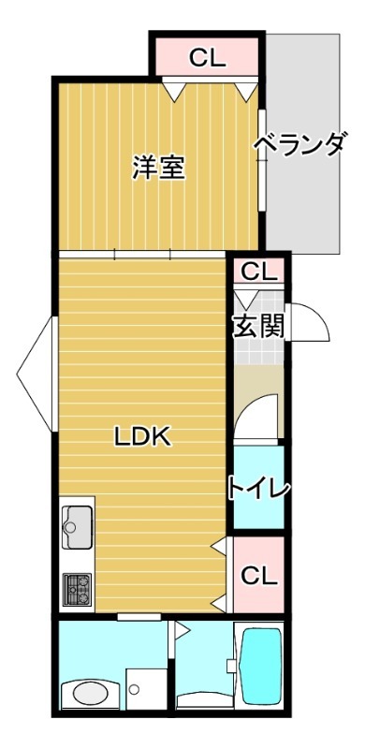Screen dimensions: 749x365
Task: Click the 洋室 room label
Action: (157, 169)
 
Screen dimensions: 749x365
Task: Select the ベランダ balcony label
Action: (299, 147)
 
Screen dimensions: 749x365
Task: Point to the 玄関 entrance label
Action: (258, 327)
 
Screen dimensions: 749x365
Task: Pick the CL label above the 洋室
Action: (207, 57)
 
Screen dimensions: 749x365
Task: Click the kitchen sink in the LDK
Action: (77, 525)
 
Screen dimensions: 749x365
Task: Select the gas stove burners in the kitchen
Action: (77, 590)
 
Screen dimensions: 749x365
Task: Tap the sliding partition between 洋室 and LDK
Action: (143, 254)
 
